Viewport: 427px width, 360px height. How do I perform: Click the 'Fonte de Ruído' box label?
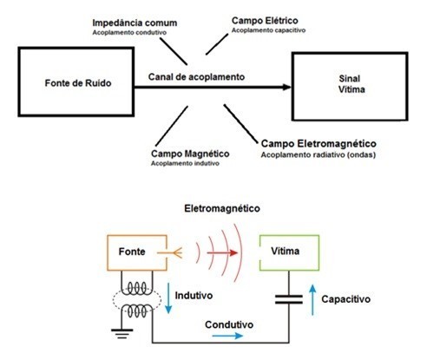[78, 83]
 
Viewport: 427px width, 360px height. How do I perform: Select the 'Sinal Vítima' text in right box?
[351, 84]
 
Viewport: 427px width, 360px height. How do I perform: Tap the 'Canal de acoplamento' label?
[196, 77]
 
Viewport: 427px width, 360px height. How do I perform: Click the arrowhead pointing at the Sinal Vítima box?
[286, 87]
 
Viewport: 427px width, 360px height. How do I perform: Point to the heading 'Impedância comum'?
[135, 23]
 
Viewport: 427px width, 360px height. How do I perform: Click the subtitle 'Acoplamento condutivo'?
[129, 33]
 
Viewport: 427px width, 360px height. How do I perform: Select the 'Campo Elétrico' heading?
[265, 21]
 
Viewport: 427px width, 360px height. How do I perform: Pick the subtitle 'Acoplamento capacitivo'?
[268, 30]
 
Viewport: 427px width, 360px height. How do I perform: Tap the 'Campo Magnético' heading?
[190, 154]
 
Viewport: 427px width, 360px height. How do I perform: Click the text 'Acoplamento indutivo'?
[185, 163]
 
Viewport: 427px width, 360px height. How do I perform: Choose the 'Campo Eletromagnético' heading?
[319, 144]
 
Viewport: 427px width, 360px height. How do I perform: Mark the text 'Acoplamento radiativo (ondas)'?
[319, 154]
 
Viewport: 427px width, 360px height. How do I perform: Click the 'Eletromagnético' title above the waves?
[222, 208]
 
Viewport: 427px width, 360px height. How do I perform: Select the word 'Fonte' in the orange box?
[132, 252]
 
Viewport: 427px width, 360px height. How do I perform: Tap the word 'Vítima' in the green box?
[286, 251]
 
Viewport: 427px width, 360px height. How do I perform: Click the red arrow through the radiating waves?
[222, 253]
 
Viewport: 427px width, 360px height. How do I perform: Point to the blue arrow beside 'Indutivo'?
[168, 298]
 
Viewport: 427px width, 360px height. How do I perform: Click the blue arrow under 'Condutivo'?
[227, 336]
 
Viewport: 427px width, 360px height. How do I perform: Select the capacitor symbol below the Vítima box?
[289, 299]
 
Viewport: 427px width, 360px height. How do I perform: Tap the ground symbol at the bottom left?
[122, 334]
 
